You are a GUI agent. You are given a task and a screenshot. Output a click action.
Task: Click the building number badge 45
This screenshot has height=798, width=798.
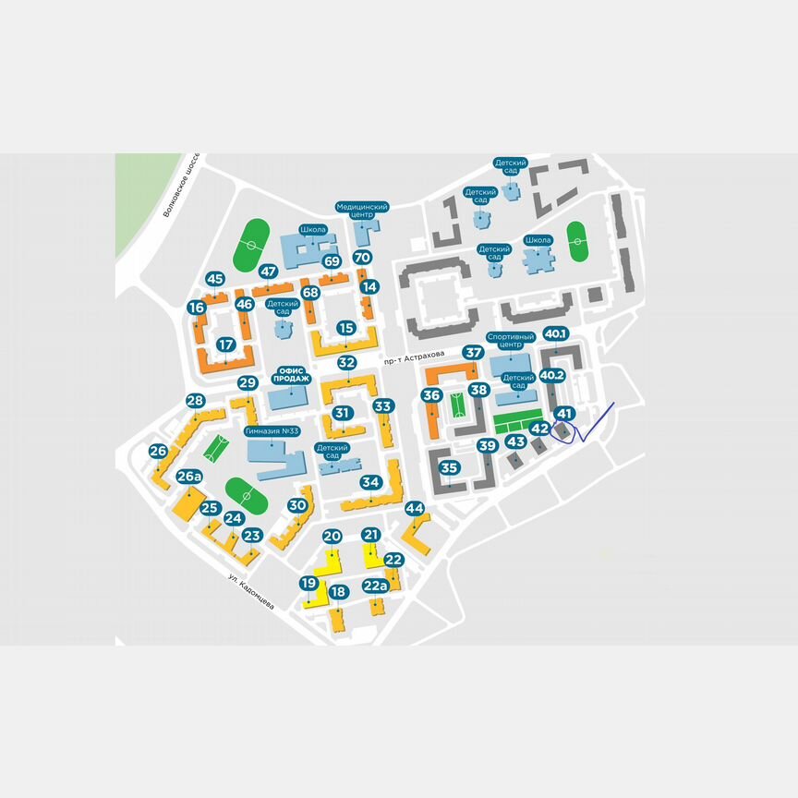[215, 279]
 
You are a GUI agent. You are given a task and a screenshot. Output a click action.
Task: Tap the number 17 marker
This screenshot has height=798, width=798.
[224, 345]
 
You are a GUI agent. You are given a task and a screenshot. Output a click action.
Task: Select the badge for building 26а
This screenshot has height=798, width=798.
[189, 477]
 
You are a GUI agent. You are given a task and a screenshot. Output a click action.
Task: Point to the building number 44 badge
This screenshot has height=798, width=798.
[415, 509]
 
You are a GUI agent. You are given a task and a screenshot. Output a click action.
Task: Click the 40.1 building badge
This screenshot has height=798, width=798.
[556, 333]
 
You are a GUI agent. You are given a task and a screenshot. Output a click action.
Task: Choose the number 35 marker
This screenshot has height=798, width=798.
[450, 467]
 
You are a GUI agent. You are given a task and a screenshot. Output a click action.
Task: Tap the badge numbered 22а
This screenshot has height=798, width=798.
[375, 585]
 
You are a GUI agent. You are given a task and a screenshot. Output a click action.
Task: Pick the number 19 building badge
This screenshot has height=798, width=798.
[308, 583]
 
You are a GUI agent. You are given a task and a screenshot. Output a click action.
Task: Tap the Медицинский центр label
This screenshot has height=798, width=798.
[361, 211]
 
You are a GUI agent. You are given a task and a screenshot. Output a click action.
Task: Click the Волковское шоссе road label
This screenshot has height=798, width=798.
[181, 185]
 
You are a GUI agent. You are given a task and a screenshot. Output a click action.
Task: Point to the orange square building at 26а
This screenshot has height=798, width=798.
[188, 504]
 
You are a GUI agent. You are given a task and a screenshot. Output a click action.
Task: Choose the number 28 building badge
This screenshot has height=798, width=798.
[195, 401]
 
